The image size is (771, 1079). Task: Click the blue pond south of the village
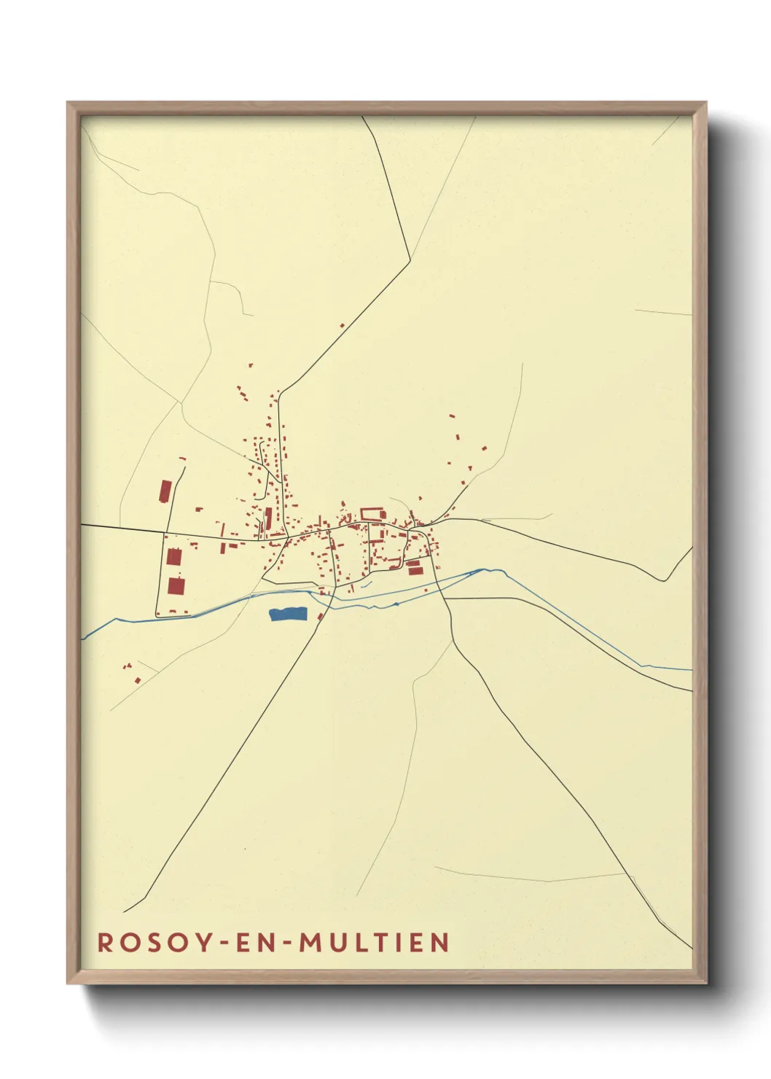287,615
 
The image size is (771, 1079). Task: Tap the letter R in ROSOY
105,943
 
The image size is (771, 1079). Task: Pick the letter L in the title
357,943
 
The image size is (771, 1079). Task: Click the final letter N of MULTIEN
439,943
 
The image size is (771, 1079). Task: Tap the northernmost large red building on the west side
165,491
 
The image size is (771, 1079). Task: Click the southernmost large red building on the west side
176,585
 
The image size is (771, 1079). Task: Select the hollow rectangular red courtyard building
372,513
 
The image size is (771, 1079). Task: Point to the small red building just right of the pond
320,617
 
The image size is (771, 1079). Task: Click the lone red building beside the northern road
342,325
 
